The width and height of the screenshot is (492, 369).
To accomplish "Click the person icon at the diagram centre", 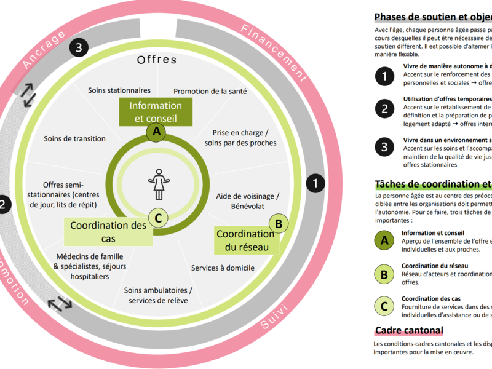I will [159, 183].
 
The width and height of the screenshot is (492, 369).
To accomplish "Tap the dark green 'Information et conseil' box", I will [156, 112].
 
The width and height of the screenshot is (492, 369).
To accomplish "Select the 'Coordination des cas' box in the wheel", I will [108, 232].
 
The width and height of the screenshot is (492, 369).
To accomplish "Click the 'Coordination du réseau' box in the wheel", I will [245, 240].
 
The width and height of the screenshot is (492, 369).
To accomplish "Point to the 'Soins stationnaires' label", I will [119, 90].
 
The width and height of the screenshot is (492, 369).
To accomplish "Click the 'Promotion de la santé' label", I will [210, 92].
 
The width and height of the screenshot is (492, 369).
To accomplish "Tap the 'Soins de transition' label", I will [75, 138].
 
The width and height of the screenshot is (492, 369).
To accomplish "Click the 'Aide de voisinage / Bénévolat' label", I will [248, 200].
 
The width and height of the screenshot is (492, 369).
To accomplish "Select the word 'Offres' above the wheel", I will [157, 60].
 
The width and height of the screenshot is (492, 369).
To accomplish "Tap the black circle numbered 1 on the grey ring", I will [315, 183].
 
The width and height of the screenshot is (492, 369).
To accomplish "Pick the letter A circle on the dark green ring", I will [156, 131].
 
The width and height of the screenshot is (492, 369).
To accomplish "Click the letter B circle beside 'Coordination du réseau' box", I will [279, 224].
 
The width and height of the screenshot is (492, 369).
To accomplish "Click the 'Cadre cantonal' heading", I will [408, 330].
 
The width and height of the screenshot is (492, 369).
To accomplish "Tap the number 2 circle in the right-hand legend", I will [385, 109].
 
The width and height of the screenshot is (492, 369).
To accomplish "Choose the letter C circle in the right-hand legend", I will [385, 305].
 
